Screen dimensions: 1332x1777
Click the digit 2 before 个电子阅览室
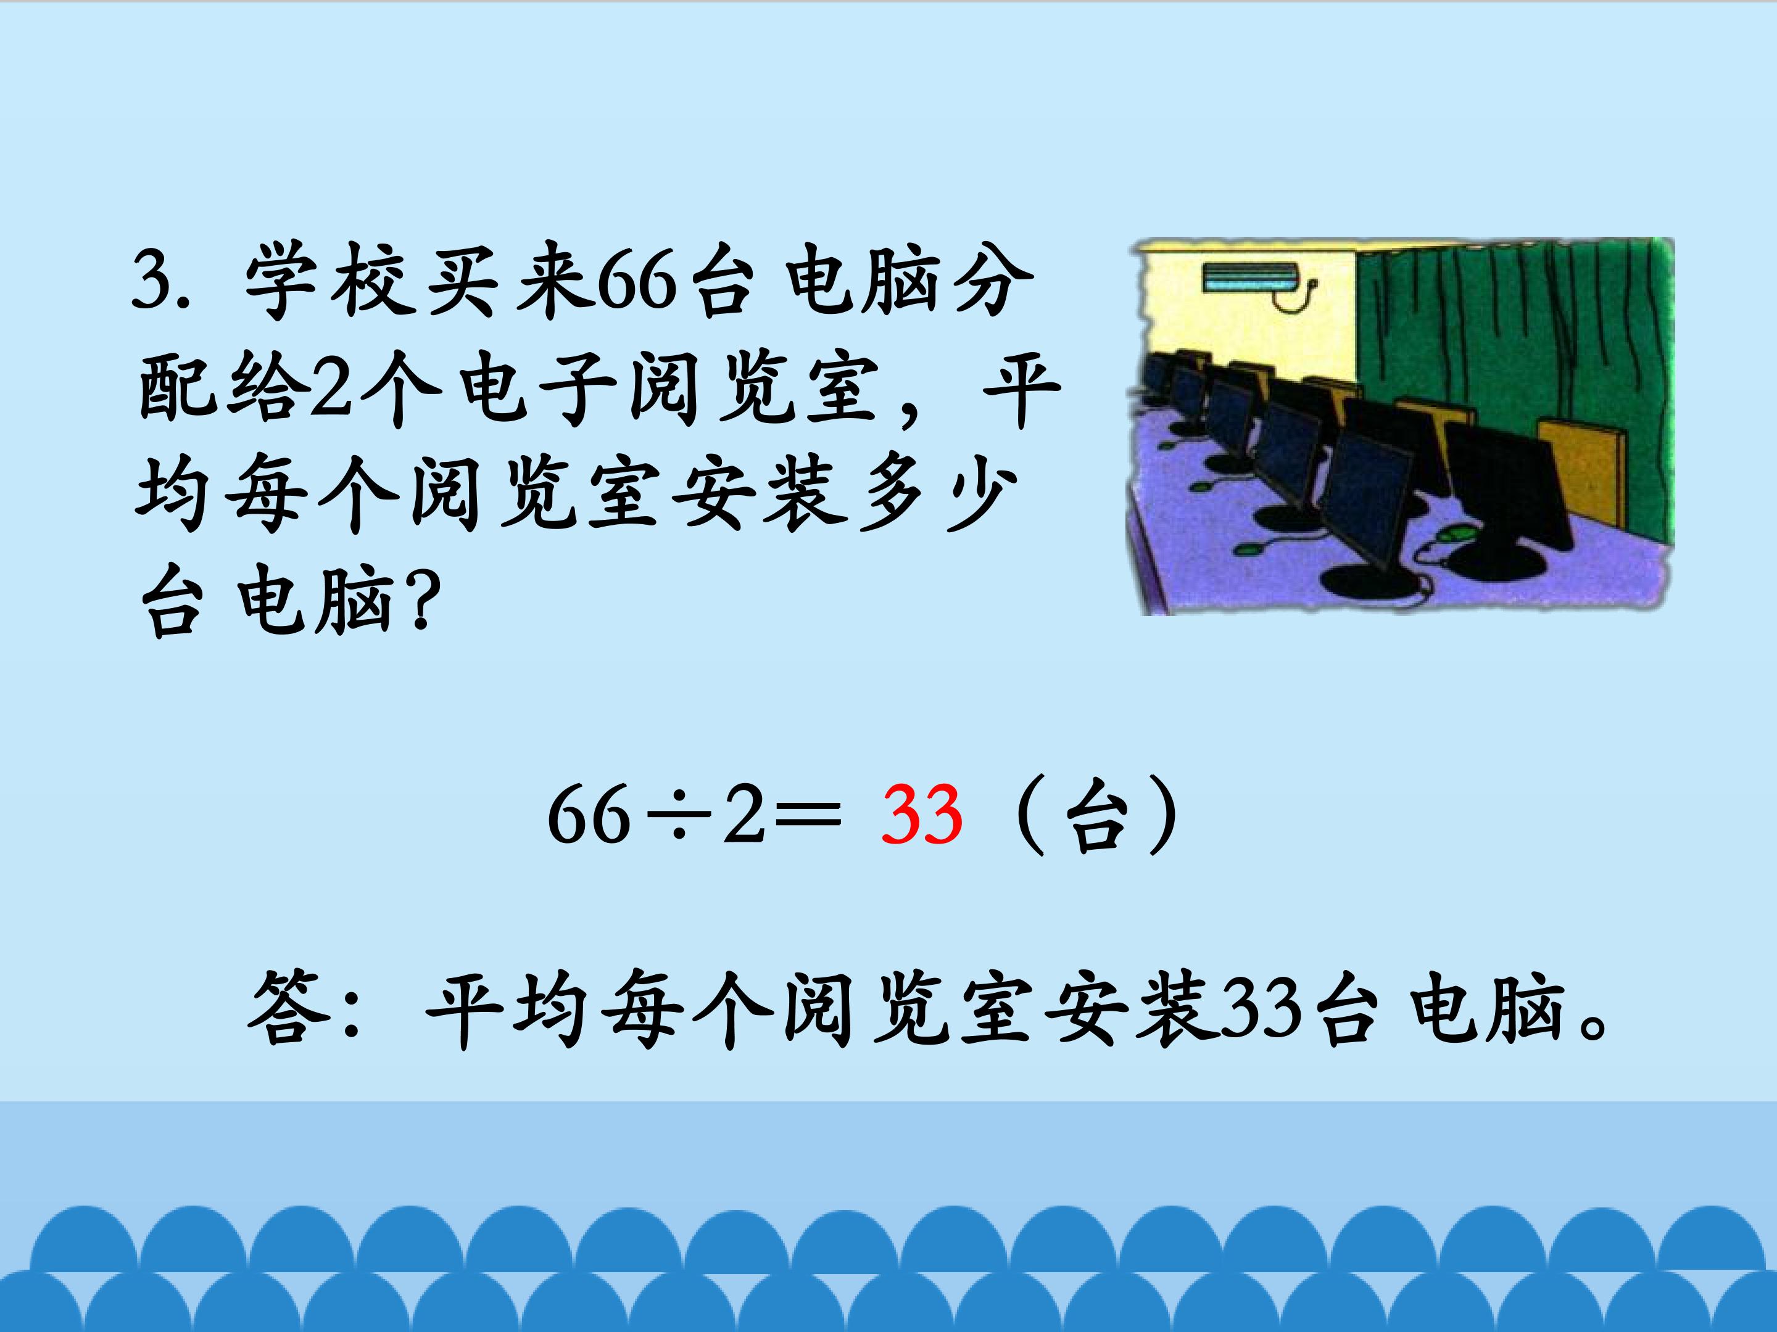coord(331,392)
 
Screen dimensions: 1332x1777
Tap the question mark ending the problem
coord(423,604)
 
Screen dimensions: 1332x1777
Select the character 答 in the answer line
coord(288,1008)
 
